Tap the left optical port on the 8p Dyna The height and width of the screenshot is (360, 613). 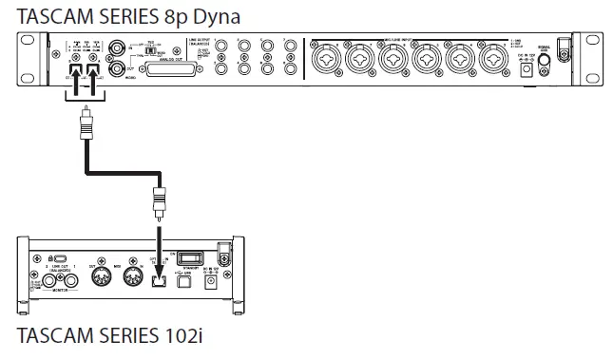tap(73, 70)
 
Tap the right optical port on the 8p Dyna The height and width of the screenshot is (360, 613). tap(94, 70)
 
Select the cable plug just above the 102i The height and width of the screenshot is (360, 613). tap(159, 202)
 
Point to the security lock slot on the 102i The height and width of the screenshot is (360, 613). tap(59, 258)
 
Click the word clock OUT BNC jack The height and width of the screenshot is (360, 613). tap(119, 68)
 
